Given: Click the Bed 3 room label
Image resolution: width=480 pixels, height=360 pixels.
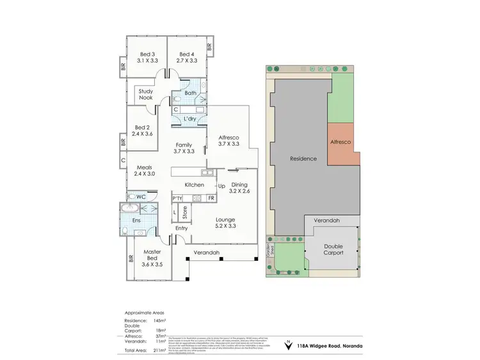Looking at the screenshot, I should [x=146, y=54].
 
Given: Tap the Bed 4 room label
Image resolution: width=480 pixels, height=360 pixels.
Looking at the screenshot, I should [x=186, y=54].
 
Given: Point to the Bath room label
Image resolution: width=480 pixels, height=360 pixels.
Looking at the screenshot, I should [x=190, y=93].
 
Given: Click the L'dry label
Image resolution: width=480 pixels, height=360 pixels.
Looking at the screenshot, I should [x=190, y=119].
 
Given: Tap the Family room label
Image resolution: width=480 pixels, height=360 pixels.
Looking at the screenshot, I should [x=184, y=145].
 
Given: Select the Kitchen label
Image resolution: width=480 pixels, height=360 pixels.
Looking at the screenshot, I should [x=194, y=185].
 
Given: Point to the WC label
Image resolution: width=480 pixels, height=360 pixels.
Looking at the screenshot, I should [x=141, y=196].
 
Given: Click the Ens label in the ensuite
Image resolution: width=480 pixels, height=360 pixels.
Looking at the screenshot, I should [x=136, y=221].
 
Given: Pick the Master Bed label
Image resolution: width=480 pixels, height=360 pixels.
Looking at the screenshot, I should [x=152, y=252].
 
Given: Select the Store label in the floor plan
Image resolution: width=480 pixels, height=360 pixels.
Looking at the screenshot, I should [x=185, y=212].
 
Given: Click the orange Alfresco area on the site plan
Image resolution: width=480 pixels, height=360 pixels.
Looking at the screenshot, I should [x=342, y=142].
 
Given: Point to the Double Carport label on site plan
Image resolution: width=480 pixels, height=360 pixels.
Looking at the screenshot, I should [x=333, y=249].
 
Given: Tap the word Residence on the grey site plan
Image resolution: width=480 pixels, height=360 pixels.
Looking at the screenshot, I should [x=304, y=159].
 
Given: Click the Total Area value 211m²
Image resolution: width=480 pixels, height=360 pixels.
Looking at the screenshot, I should [x=157, y=350].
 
